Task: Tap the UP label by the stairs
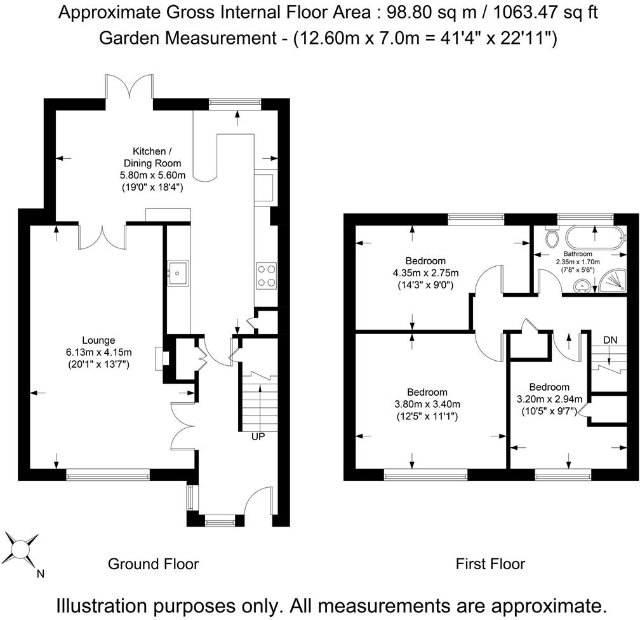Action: coord(258,436)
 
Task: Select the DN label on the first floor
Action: coord(610,340)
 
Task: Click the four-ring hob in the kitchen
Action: coord(265,276)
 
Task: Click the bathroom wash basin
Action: coord(581,286)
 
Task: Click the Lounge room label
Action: coord(98,340)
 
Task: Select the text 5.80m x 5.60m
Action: coord(152,175)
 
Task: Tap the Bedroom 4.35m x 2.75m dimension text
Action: coord(425,273)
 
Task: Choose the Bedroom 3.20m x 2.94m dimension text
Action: coord(549,399)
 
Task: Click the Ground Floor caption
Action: coord(153,564)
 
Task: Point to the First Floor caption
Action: coord(490,564)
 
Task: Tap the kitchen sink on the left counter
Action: coord(178,273)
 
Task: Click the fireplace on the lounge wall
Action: coord(162,359)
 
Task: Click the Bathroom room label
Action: coord(578,254)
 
